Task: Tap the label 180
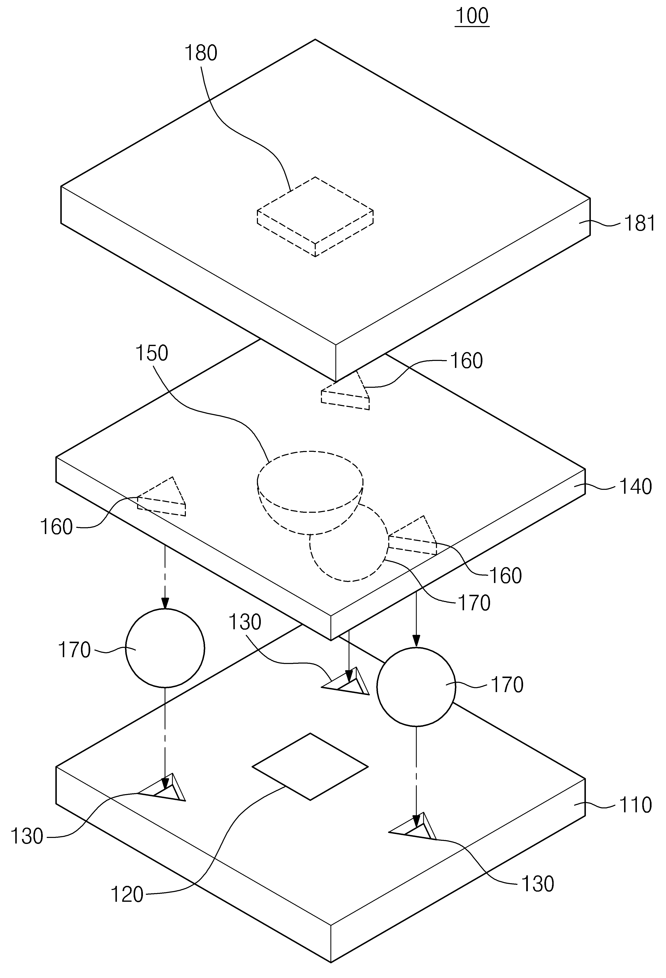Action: pyautogui.click(x=201, y=54)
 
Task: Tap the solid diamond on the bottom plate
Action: pyautogui.click(x=310, y=767)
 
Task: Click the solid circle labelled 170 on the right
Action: pyautogui.click(x=416, y=687)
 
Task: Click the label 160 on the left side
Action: pyautogui.click(x=56, y=527)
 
